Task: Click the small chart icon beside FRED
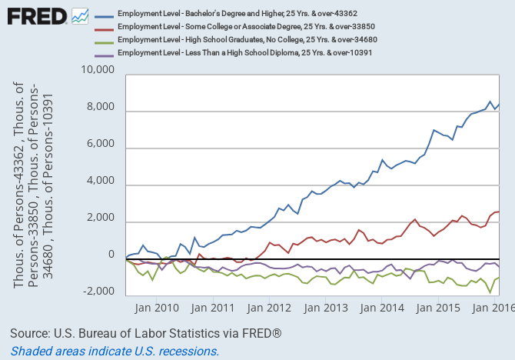[x=79, y=15]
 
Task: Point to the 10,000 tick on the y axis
[x=98, y=71]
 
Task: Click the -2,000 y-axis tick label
[x=98, y=292]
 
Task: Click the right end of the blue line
[x=499, y=105]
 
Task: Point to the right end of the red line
[x=499, y=212]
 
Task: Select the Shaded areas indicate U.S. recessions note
[x=115, y=351]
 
